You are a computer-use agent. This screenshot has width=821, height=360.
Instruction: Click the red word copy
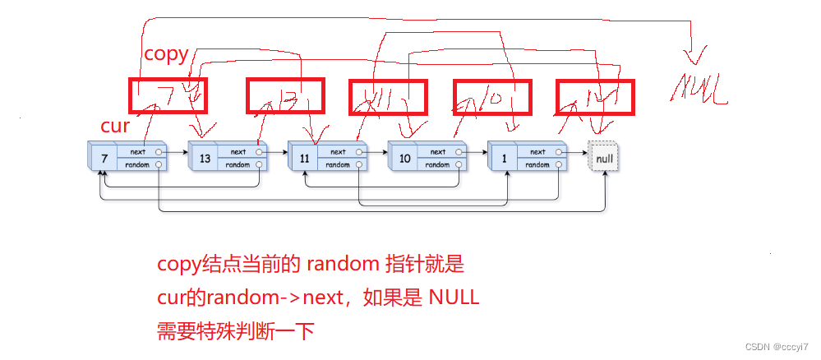[166, 55]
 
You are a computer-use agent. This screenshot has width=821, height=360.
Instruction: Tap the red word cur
[115, 126]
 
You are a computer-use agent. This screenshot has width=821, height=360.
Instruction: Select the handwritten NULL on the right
[699, 88]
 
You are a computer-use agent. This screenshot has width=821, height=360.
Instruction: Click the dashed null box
[604, 156]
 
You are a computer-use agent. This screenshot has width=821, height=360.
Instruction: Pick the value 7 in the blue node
[102, 158]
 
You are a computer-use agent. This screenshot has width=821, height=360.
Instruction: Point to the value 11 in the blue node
[304, 158]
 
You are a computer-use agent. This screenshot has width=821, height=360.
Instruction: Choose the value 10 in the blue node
[404, 158]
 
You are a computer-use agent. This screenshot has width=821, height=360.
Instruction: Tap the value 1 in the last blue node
[504, 158]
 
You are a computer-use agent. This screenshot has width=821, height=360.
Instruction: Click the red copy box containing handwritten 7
[168, 95]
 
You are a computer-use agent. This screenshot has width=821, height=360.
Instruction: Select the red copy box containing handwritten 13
[286, 95]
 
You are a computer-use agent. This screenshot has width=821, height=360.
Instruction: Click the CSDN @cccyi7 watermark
[777, 347]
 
